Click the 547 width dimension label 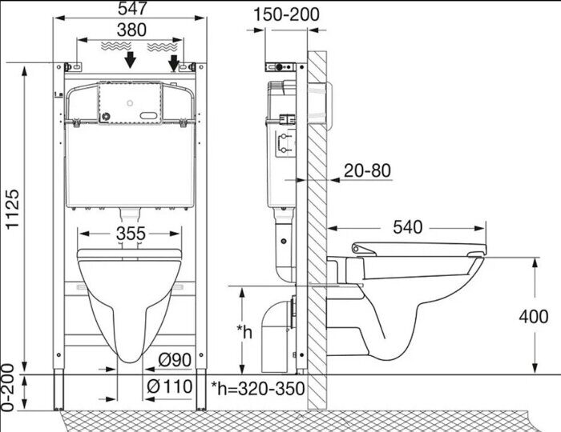[x=132, y=8]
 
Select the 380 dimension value [x=131, y=30]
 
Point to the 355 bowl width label [x=131, y=234]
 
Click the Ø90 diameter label [x=175, y=359]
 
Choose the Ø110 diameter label [x=170, y=386]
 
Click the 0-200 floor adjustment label [x=8, y=387]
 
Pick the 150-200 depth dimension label [x=286, y=14]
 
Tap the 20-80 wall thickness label [x=367, y=170]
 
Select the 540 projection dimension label [x=407, y=226]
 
